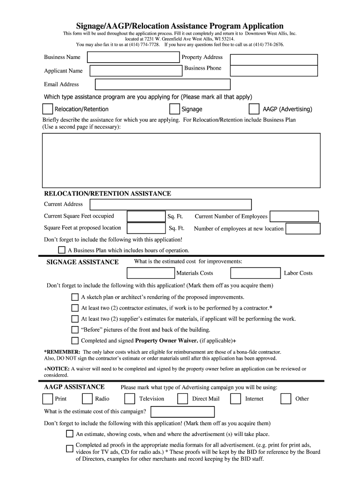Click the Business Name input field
click(x=133, y=58)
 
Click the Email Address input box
click(x=162, y=84)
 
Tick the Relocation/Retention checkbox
click(x=47, y=109)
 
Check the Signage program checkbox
click(x=174, y=109)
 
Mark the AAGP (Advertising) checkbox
click(x=254, y=109)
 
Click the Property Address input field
click(x=274, y=59)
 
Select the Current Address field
click(x=170, y=204)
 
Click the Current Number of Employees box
click(x=294, y=216)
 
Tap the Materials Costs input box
click(x=151, y=273)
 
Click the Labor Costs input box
click(x=256, y=273)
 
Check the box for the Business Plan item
click(x=62, y=250)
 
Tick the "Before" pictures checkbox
click(x=75, y=329)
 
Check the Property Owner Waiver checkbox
click(x=75, y=341)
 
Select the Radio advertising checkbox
click(x=87, y=399)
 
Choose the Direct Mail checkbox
click(x=182, y=399)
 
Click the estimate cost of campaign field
click(x=183, y=412)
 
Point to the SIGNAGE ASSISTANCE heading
click(x=82, y=262)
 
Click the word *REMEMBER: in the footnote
click(x=62, y=352)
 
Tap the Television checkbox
click(x=130, y=399)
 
